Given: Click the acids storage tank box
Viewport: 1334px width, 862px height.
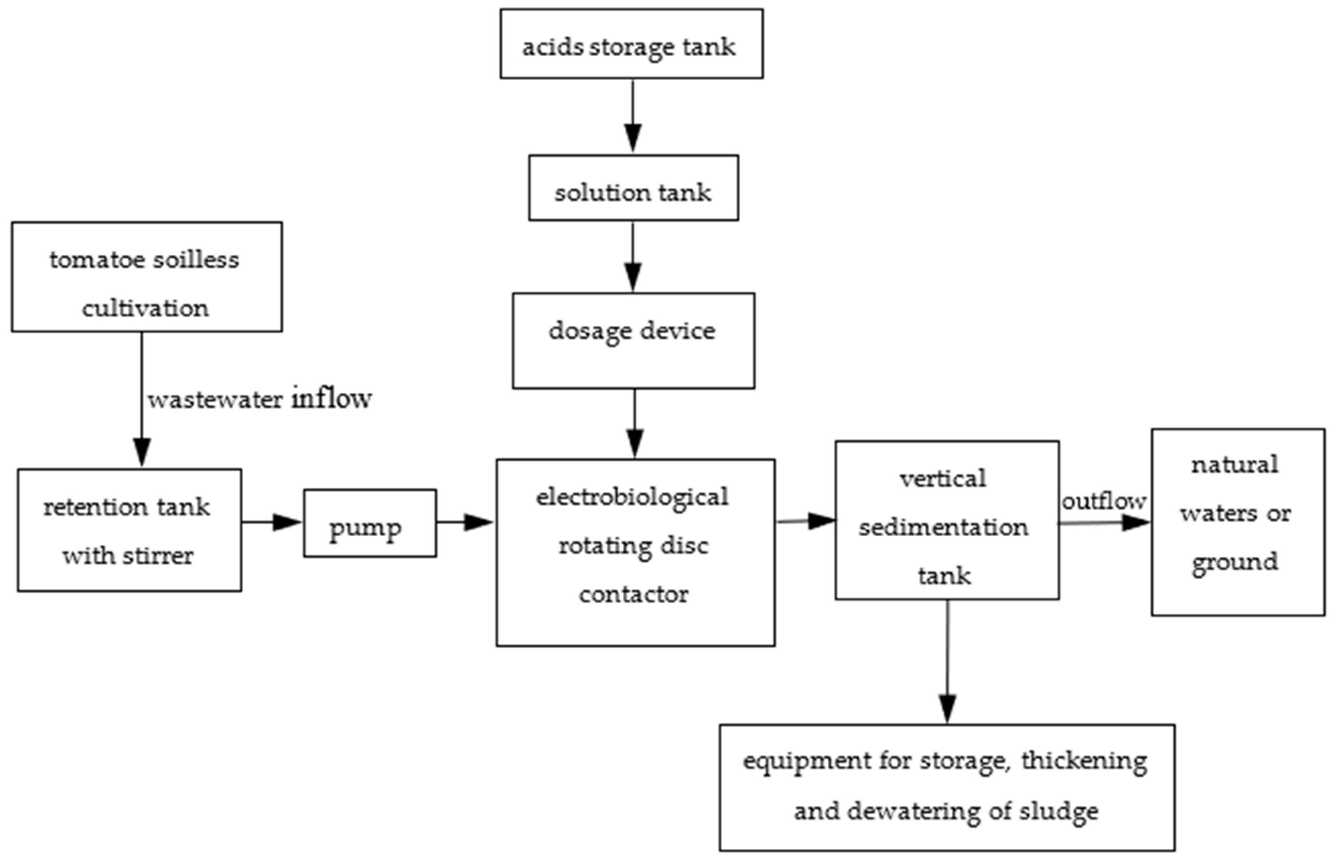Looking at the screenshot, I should click(x=631, y=43).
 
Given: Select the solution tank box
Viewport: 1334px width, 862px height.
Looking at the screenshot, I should click(x=633, y=187).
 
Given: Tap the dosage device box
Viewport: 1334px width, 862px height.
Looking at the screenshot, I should click(x=633, y=340).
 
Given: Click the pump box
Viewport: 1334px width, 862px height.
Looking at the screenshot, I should click(x=369, y=524).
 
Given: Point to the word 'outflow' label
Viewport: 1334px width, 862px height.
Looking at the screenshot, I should click(x=1103, y=501).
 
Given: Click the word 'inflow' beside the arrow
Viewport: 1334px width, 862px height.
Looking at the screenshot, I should click(x=331, y=398).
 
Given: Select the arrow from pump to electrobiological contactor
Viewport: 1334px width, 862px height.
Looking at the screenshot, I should click(x=465, y=523).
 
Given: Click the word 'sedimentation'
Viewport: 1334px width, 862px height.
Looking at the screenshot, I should click(x=944, y=528).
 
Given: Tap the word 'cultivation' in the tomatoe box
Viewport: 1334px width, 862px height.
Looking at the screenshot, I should click(x=145, y=308).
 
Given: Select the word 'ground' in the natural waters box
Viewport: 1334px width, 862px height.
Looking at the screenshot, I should click(x=1234, y=562).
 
